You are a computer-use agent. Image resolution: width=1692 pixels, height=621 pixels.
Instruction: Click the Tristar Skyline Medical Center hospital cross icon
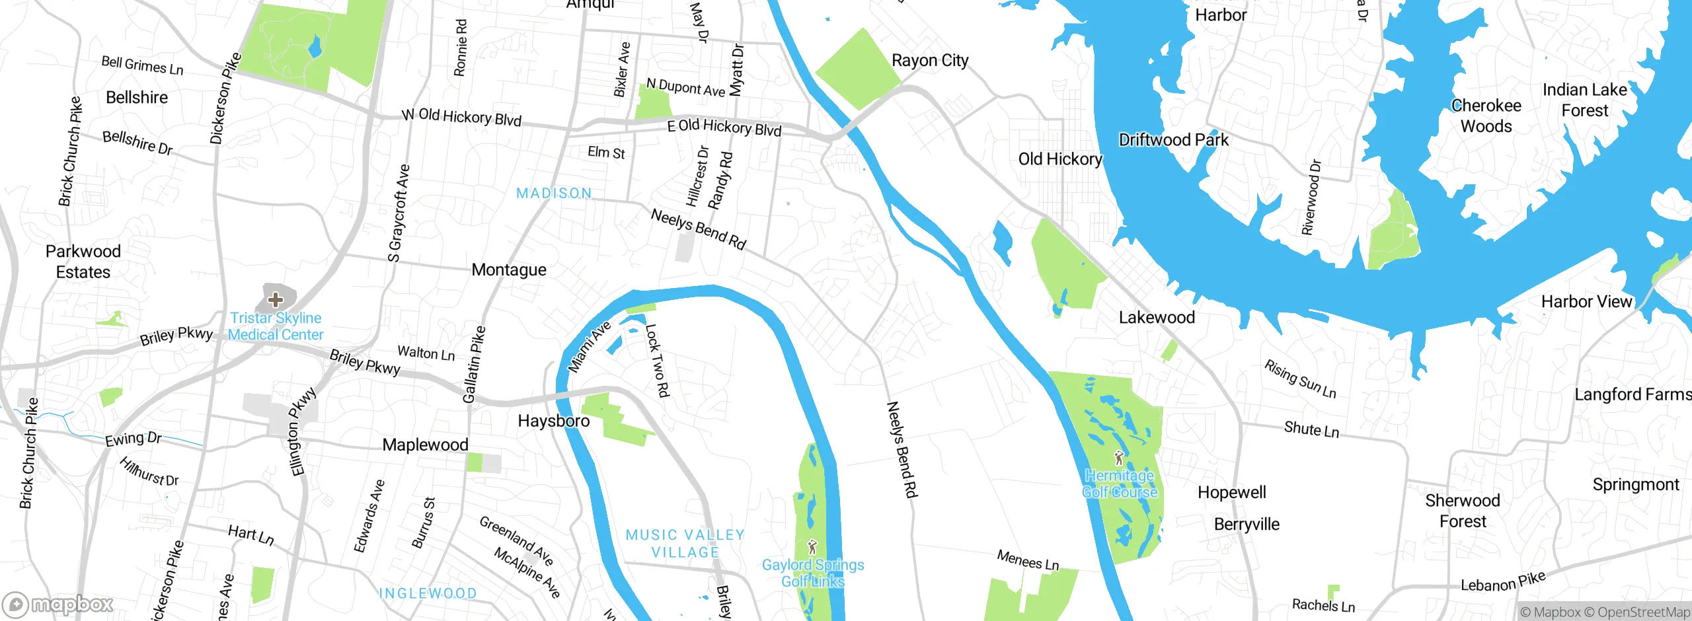coord(276,300)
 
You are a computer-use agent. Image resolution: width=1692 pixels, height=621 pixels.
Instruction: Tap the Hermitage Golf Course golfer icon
coord(1119,458)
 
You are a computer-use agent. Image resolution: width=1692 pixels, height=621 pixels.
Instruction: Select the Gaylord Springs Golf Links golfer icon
coord(813,547)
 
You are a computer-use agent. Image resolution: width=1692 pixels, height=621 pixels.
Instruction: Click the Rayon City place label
coord(930,61)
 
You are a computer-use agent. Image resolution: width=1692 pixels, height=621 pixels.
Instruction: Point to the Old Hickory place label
coord(1059,159)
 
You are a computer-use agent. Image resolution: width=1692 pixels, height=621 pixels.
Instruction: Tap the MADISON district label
coord(554,194)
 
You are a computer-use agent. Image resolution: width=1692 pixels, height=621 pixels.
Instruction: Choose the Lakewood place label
coord(1157,318)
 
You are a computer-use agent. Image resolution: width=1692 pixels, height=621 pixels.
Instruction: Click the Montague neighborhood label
coord(509,270)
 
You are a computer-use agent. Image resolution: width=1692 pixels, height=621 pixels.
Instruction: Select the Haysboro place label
coord(553,421)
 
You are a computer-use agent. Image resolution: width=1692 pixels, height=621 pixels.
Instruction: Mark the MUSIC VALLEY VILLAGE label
coord(685,543)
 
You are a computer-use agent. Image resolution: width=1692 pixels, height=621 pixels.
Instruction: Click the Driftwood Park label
coord(1173,140)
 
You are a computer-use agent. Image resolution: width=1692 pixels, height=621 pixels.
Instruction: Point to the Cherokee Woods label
coord(1486,116)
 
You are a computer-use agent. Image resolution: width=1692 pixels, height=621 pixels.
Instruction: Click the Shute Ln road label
coord(1311,429)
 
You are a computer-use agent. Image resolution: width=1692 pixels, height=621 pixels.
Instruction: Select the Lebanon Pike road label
coord(1503,582)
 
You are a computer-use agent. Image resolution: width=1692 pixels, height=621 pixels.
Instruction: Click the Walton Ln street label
coord(426,353)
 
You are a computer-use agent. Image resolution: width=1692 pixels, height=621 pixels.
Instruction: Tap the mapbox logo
coord(58,604)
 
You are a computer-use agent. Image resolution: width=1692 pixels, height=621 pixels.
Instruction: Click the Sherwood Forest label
coord(1462,511)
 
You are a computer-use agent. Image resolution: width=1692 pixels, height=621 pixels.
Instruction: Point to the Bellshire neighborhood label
coord(137,98)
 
